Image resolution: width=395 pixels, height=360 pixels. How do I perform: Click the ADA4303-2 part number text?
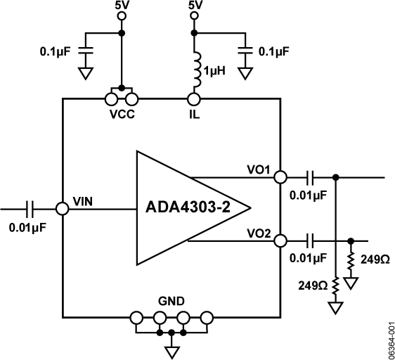[197, 207]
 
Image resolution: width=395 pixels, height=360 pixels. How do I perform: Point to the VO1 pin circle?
[280, 177]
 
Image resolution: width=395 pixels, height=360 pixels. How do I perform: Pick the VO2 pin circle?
[280, 240]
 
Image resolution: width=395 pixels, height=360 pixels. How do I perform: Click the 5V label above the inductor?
[194, 6]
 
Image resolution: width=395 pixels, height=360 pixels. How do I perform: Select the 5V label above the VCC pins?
[122, 6]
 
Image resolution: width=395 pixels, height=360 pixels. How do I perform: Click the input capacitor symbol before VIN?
[30, 208]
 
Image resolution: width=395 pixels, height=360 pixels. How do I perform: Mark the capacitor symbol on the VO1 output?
[310, 177]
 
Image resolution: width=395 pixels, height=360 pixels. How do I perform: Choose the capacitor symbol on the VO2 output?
[310, 240]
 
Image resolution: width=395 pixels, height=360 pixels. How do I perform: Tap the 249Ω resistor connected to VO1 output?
[336, 287]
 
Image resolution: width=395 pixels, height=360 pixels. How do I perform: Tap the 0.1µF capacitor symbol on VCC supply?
[85, 51]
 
